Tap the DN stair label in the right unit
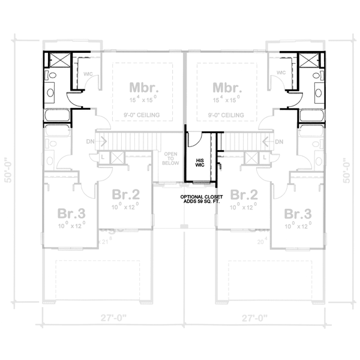(x=279, y=142)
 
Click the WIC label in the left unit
(x=87, y=74)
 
